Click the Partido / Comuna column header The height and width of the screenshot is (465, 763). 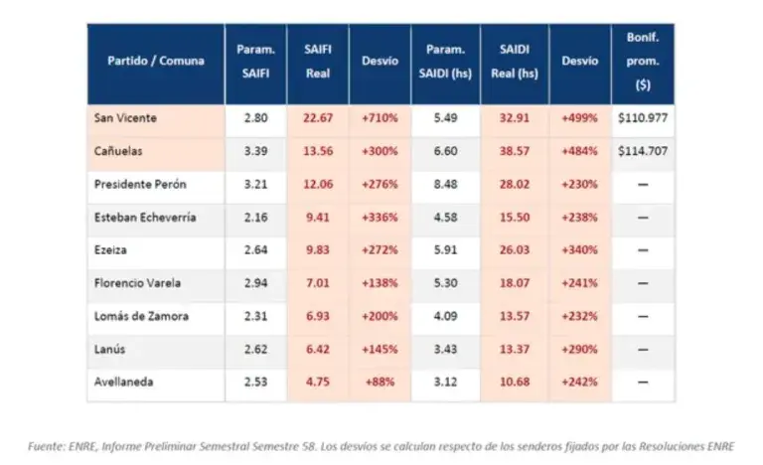[156, 61]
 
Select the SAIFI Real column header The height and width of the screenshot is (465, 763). [318, 62]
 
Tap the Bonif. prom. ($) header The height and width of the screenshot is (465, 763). [643, 62]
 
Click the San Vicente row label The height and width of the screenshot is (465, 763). [125, 118]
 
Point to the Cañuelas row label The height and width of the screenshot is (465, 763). [118, 151]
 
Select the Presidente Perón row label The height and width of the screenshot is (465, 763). [140, 184]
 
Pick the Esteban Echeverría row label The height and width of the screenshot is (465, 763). [145, 218]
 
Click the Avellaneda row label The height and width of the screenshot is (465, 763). [123, 382]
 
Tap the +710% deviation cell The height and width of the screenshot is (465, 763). [380, 118]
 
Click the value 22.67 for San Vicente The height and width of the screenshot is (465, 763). [318, 118]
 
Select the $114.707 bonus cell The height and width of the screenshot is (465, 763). [643, 151]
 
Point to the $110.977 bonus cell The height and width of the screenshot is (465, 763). [643, 118]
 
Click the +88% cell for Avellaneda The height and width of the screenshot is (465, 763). [380, 382]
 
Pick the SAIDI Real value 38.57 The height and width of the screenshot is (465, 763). [515, 151]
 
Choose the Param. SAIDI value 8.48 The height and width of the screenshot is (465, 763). [445, 184]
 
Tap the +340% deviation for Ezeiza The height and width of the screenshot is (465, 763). [579, 249]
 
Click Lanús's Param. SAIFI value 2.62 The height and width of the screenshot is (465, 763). [255, 349]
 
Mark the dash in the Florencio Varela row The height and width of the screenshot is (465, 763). [643, 283]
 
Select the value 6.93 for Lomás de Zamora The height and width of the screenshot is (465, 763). [318, 316]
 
